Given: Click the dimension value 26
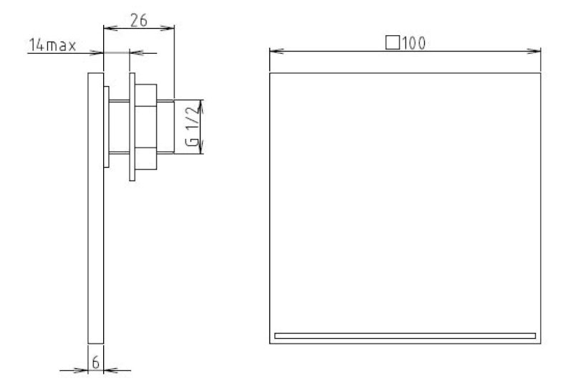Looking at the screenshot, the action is click(x=139, y=21).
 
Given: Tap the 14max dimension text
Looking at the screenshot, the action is click(x=52, y=45).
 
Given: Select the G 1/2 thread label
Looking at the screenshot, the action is click(x=193, y=126).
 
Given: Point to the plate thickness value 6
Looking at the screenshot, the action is click(x=95, y=362).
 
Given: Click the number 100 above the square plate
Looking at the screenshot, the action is click(x=414, y=43).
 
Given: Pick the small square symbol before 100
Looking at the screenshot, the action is click(x=393, y=42).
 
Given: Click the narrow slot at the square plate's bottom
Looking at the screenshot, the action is click(x=405, y=336).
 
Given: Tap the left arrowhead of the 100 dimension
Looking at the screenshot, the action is click(x=276, y=51).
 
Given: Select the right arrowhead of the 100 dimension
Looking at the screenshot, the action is click(x=534, y=51).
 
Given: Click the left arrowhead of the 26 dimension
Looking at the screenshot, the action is click(x=111, y=28).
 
